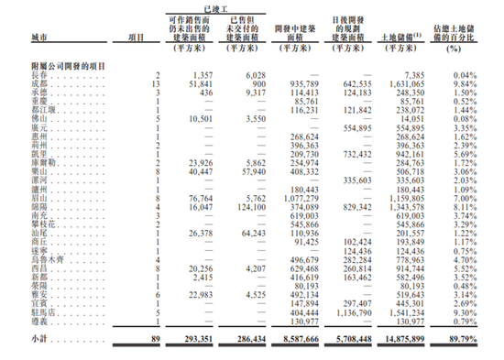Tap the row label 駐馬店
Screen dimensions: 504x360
click(x=41, y=311)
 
